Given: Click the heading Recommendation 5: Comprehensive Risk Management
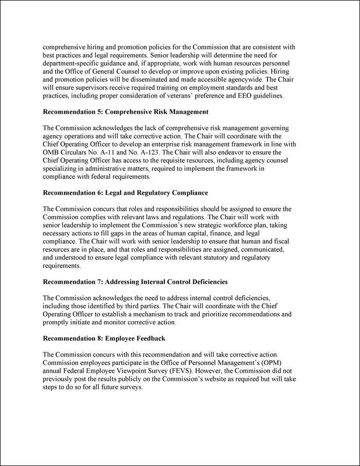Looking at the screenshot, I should [x=125, y=111].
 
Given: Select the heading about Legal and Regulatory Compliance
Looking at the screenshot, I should [x=125, y=193].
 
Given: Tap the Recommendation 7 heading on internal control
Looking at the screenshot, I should [x=135, y=282].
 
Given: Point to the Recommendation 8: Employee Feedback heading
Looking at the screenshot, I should [x=104, y=338].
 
